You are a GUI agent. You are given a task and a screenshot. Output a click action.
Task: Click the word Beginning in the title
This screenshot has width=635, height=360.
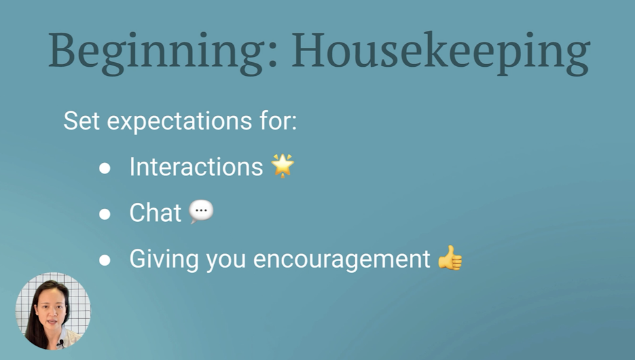pos(156,52)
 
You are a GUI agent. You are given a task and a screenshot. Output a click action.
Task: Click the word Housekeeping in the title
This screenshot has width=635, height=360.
pos(440,52)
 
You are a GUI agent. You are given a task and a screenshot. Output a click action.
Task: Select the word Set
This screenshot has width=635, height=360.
pos(81,120)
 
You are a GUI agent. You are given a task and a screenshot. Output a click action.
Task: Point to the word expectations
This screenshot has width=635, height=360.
pos(179,121)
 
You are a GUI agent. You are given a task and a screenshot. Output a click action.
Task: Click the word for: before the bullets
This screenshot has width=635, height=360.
pos(278,120)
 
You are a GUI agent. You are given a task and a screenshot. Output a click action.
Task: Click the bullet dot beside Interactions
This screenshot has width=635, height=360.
pos(105,168)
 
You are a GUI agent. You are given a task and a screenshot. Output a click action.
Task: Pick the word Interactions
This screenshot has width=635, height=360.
pos(196,166)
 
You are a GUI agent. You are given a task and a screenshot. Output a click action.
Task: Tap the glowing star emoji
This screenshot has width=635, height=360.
pos(283,165)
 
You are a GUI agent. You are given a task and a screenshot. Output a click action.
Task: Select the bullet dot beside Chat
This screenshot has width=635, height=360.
pos(105,214)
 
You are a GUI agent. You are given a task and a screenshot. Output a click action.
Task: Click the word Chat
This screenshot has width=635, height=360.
pos(155,213)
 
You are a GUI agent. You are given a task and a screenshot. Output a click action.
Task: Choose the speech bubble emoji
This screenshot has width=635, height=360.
pos(201,211)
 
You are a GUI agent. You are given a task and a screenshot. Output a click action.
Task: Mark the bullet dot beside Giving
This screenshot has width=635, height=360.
pos(105,260)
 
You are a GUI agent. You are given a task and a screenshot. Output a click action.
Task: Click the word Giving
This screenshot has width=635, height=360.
pos(164,259)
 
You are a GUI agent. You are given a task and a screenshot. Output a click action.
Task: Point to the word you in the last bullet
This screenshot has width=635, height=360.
pos(226,261)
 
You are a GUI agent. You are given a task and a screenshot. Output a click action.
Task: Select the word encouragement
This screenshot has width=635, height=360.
pos(341,260)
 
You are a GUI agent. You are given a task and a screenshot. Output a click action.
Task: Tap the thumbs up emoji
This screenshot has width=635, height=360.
pos(450,257)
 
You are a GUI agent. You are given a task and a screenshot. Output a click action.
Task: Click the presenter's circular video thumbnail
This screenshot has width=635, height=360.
pos(53,311)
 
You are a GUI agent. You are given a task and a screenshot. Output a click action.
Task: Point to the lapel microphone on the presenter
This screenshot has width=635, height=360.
pos(61,344)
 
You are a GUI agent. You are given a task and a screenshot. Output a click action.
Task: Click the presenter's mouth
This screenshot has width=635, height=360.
pos(52,322)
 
